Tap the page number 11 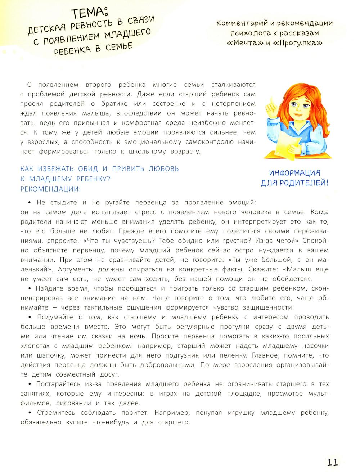point(332,462)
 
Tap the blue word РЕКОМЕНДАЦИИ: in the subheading point(51,189)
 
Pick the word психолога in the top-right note point(246,33)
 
